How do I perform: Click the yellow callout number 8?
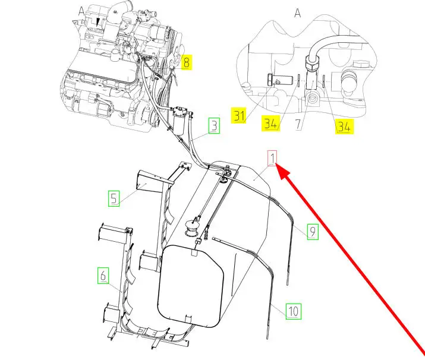pyautogui.click(x=186, y=62)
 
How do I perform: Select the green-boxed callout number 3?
pyautogui.click(x=214, y=126)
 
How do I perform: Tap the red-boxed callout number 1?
pyautogui.click(x=272, y=158)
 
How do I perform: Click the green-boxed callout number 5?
pyautogui.click(x=114, y=198)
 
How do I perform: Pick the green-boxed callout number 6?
pyautogui.click(x=103, y=276)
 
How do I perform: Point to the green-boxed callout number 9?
pyautogui.click(x=313, y=232)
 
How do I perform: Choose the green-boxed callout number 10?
pyautogui.click(x=294, y=311)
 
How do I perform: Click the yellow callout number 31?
pyautogui.click(x=239, y=115)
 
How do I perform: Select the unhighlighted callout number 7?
pyautogui.click(x=298, y=124)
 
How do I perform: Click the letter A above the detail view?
pyautogui.click(x=298, y=12)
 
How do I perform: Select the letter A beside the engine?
pyautogui.click(x=81, y=11)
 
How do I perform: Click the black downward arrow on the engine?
pyautogui.click(x=98, y=22)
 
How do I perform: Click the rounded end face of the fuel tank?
pyautogui.click(x=191, y=286)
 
